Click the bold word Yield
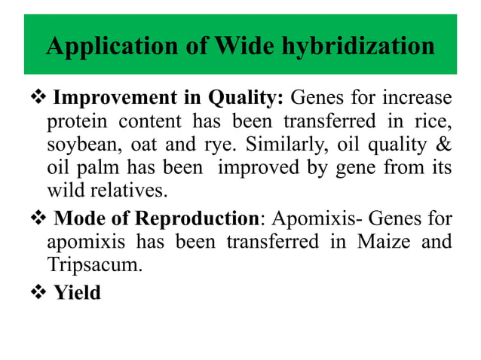point(77,292)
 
